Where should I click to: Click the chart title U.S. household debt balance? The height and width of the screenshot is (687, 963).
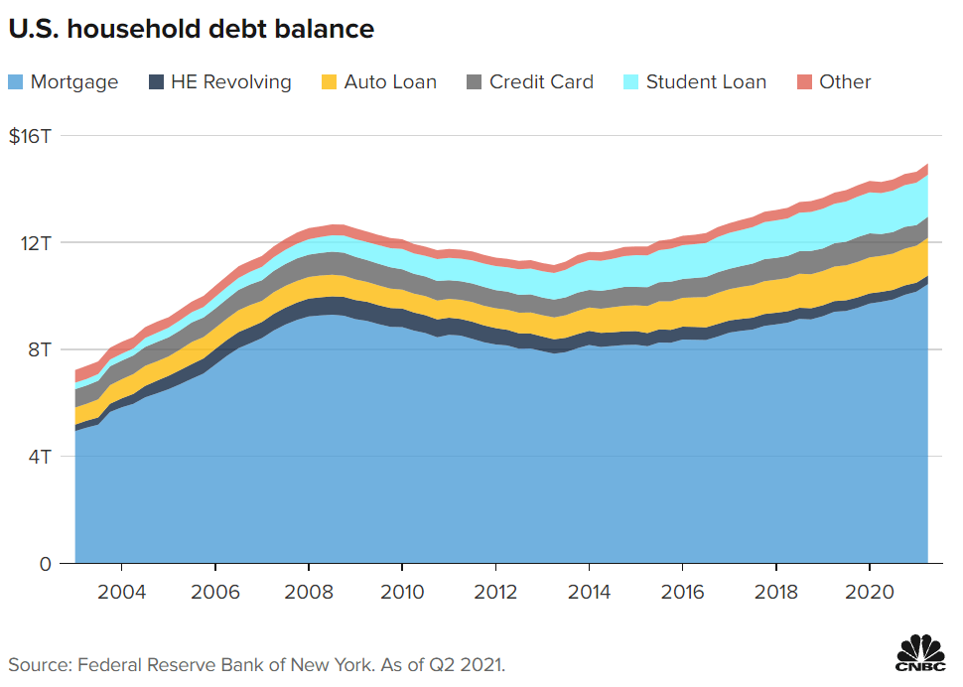[x=192, y=30]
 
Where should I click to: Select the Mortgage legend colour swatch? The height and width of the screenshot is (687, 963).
[x=17, y=82]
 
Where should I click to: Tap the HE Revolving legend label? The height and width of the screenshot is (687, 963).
[x=230, y=82]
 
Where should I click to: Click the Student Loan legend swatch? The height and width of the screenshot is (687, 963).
[x=631, y=82]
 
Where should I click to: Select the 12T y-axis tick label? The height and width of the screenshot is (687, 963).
[x=39, y=243]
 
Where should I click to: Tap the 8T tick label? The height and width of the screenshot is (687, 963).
[x=39, y=349]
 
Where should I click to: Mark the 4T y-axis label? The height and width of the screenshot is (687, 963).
[x=39, y=457]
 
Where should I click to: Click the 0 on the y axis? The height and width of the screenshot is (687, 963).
[x=44, y=564]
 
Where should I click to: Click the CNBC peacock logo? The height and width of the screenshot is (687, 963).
[x=920, y=654]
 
